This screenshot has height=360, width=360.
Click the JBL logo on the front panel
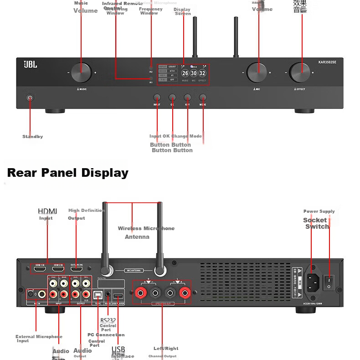pyautogui.click(x=31, y=65)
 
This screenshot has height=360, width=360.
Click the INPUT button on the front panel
pyautogui.click(x=157, y=98)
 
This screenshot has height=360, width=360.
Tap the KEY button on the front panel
pyautogui.click(x=187, y=98)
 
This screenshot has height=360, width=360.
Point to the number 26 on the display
pyautogui.click(x=185, y=73)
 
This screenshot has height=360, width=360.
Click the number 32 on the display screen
pyautogui.click(x=202, y=73)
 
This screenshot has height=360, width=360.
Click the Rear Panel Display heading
pyautogui.click(x=68, y=173)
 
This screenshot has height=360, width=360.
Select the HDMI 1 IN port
pyautogui.click(x=40, y=270)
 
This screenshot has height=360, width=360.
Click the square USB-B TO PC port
pyautogui.click(x=98, y=295)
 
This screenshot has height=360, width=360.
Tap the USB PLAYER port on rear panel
pyautogui.click(x=118, y=296)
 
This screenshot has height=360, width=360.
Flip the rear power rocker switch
pyautogui.click(x=329, y=282)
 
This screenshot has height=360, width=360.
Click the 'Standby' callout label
pyautogui.click(x=33, y=137)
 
